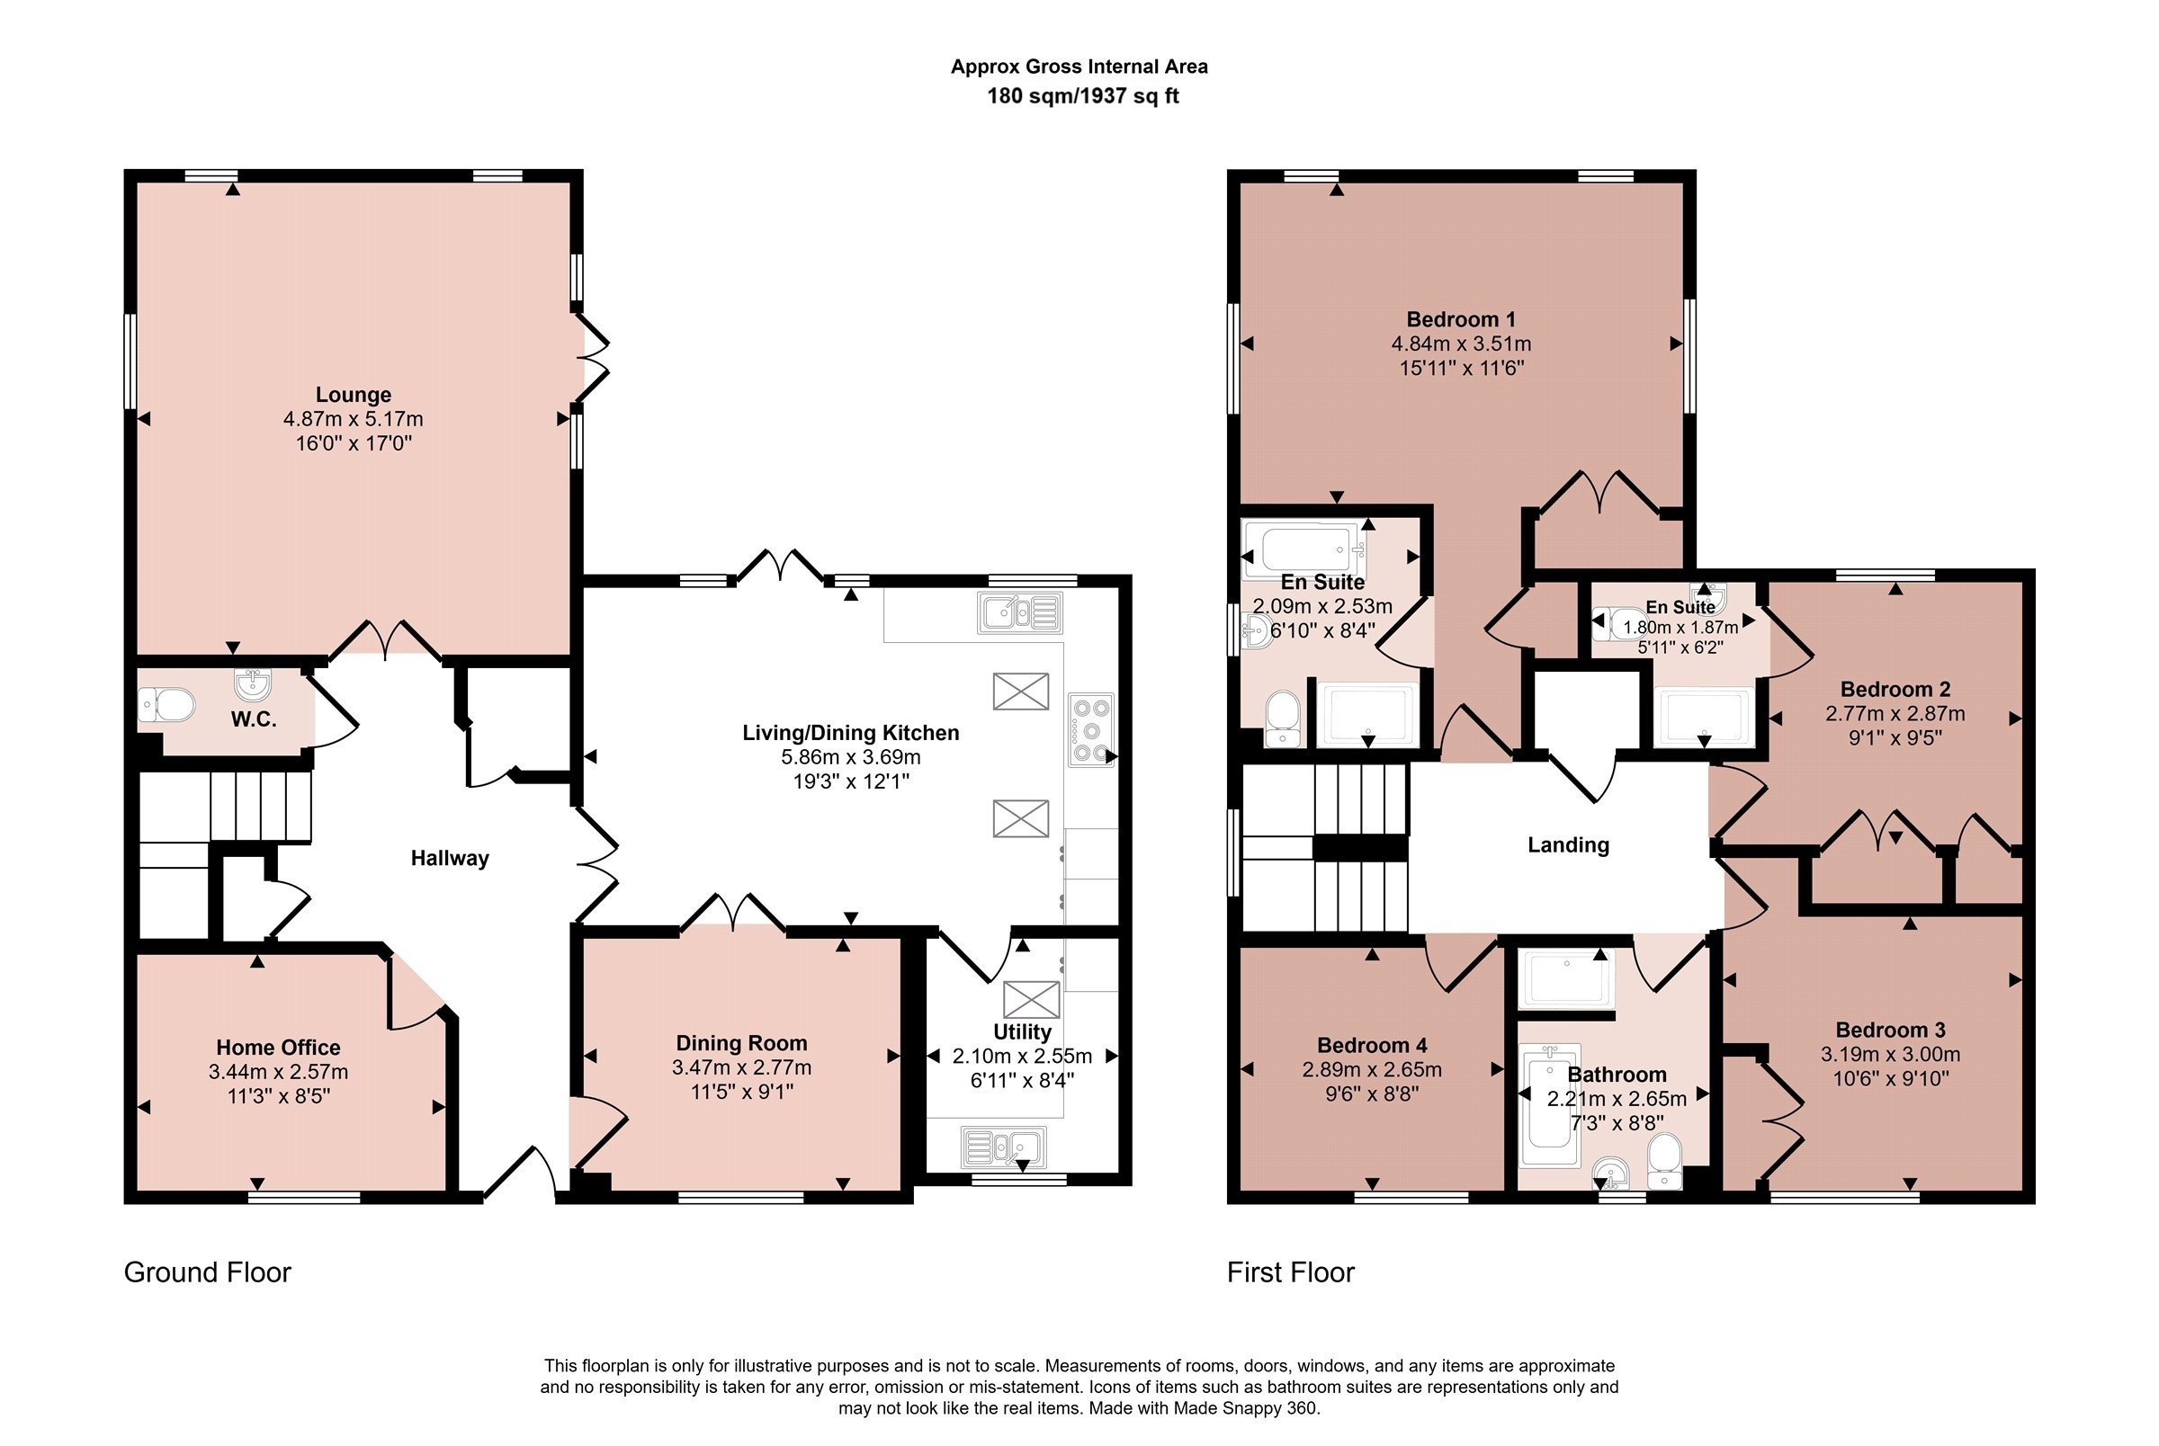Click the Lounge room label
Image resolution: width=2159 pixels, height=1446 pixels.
pyautogui.click(x=354, y=395)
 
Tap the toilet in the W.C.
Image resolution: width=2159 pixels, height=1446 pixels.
pyautogui.click(x=167, y=706)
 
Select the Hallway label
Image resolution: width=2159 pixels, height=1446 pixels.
pyautogui.click(x=450, y=859)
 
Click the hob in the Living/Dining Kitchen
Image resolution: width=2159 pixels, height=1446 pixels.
pyautogui.click(x=1091, y=730)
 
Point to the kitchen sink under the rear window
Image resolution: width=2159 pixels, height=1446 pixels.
pyautogui.click(x=1020, y=612)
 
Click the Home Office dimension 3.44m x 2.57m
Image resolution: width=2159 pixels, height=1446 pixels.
pyautogui.click(x=279, y=1072)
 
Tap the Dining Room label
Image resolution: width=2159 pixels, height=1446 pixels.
pyautogui.click(x=741, y=1043)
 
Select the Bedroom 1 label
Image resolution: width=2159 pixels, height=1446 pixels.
pyautogui.click(x=1461, y=319)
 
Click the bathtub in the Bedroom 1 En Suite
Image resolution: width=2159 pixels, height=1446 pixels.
pyautogui.click(x=1304, y=550)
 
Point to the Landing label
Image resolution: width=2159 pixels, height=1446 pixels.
pyautogui.click(x=1569, y=844)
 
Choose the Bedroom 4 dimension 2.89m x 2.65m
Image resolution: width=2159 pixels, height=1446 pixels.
pyautogui.click(x=1373, y=1070)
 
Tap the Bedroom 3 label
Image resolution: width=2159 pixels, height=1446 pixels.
pyautogui.click(x=1891, y=1030)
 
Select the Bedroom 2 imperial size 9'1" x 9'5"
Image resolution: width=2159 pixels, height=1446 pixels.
pyautogui.click(x=1895, y=737)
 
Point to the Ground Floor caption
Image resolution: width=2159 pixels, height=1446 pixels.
pyautogui.click(x=208, y=1272)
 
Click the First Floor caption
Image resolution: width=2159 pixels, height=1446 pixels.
pyautogui.click(x=1290, y=1272)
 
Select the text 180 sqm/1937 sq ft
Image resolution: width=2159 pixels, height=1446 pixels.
pyautogui.click(x=1083, y=96)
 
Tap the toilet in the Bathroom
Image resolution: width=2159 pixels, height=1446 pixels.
pyautogui.click(x=1664, y=1160)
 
